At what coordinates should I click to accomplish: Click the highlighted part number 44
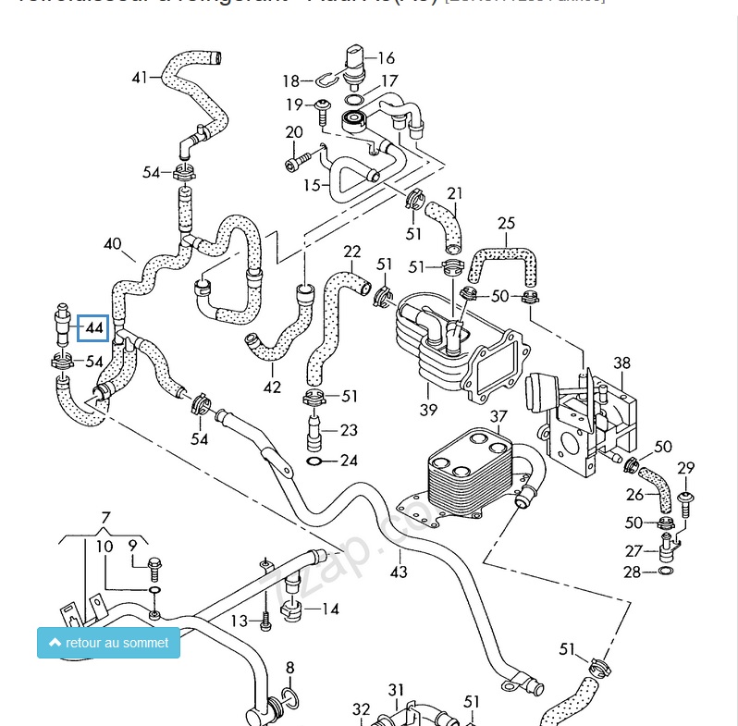coord(93,327)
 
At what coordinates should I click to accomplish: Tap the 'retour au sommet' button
coord(108,643)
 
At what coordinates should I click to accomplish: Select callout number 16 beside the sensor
coord(385,58)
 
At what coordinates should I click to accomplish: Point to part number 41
coord(140,77)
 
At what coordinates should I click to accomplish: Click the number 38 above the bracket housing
coord(621,363)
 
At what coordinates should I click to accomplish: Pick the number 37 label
coord(498,416)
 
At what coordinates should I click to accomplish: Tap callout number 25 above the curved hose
coord(506,223)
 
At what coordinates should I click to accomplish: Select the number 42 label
coord(272,388)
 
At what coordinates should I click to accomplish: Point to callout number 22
coord(352,252)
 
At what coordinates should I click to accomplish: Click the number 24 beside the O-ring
coord(349,461)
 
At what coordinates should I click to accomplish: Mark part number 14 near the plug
coord(329,609)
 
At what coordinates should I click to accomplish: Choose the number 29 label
coord(685,468)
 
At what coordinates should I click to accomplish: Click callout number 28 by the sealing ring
coord(632,573)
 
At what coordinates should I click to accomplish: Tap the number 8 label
coord(289,667)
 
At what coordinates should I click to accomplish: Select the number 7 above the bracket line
coord(105,517)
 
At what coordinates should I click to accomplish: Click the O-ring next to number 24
coord(314,461)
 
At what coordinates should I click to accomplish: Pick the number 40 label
coord(112,244)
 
